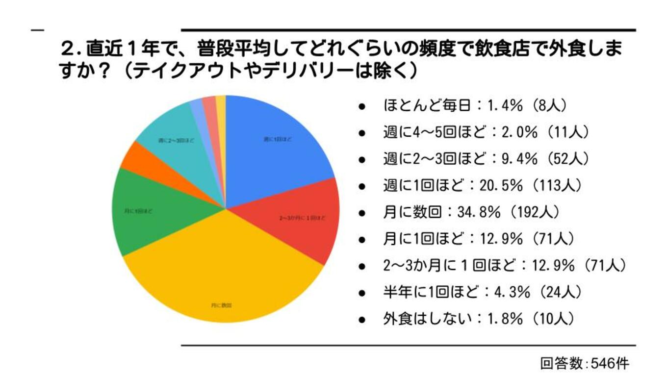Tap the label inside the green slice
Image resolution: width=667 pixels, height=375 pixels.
(139, 211)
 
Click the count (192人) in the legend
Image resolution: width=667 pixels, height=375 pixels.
(534, 213)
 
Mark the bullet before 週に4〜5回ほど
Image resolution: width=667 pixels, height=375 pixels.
(362, 133)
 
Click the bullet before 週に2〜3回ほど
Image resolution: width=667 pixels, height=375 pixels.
(362, 159)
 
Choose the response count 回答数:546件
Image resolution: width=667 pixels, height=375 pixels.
(584, 364)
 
